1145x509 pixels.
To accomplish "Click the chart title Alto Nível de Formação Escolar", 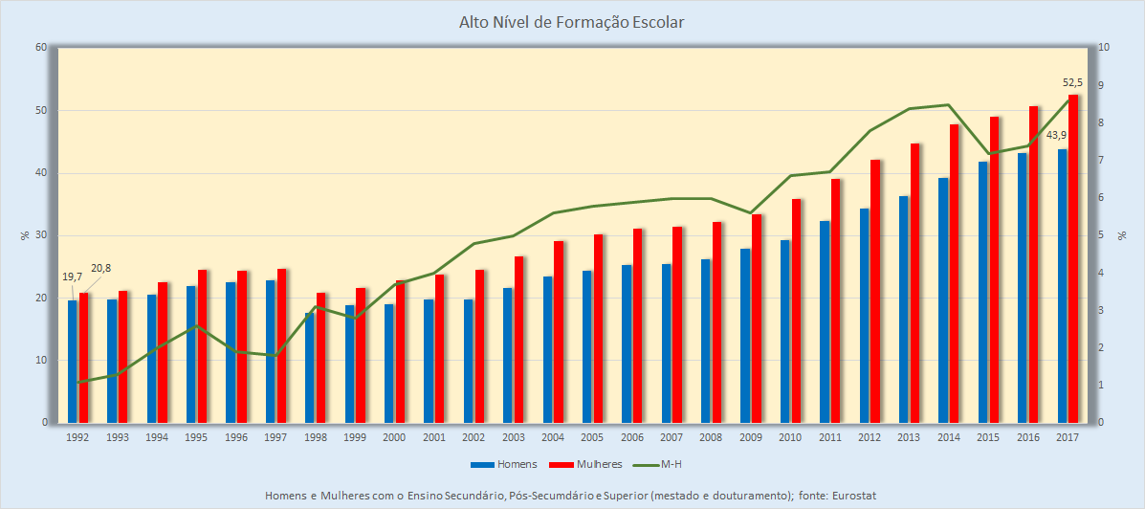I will coord(572,21).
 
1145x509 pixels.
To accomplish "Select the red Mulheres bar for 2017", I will coord(1073,258).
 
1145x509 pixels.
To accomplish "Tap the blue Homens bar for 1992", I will coord(73,362).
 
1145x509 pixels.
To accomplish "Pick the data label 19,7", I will coord(72,277).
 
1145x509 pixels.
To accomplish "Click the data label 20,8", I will coord(100,268).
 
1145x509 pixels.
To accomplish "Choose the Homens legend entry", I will coord(503,464).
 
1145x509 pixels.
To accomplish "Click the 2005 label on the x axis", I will coord(592,437).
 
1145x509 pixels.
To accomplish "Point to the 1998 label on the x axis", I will coord(316,437).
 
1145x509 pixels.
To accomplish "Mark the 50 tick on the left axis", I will coord(41,111).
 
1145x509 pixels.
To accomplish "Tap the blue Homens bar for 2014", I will coord(943,300).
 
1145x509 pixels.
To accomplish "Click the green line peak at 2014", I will coord(948,105).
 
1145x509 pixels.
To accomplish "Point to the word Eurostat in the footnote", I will coord(853,495).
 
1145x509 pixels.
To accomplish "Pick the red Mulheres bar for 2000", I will coord(401,352).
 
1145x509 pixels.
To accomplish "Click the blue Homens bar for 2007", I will coord(667,343).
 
